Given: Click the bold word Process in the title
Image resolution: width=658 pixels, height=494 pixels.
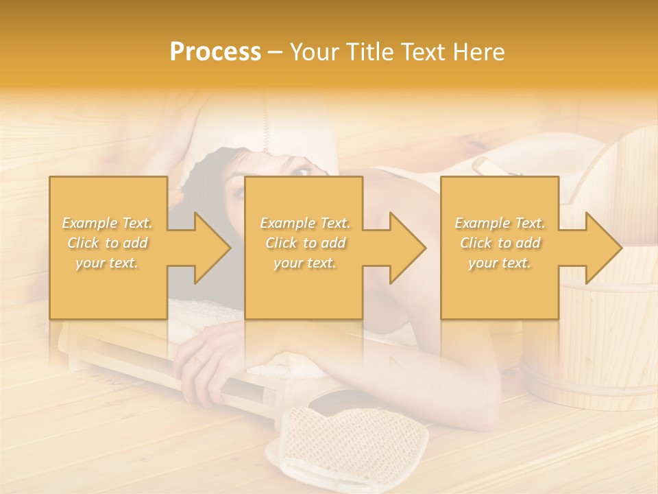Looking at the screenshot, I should (x=215, y=52).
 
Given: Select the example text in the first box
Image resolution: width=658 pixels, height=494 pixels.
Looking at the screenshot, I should (x=108, y=243).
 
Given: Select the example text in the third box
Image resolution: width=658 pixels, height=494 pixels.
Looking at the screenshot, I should (x=500, y=243).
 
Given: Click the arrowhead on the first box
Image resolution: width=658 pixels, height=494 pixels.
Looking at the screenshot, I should (x=206, y=248).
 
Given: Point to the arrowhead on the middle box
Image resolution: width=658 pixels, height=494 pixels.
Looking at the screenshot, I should (x=402, y=248).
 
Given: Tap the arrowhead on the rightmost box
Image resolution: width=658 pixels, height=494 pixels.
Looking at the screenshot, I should (x=598, y=248).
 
